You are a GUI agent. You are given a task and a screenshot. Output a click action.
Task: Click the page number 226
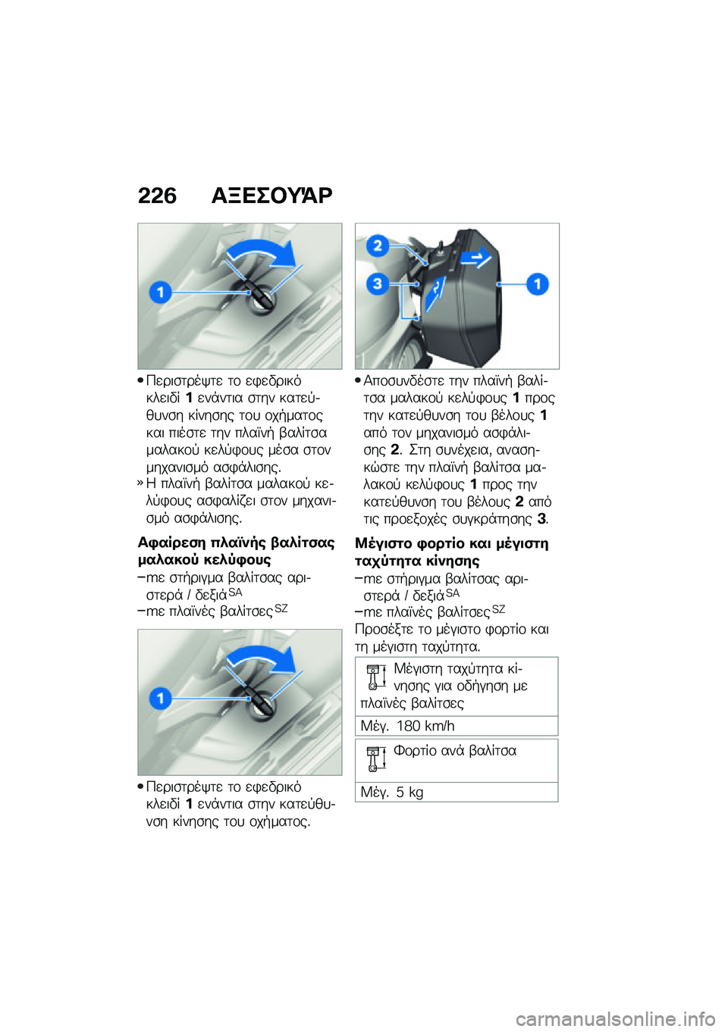coord(157,195)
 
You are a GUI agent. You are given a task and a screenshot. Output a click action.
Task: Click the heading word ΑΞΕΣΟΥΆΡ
coord(271,195)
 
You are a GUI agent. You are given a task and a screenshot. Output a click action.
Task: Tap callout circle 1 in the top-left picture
coord(160,292)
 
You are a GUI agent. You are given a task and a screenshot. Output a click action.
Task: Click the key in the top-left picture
coord(259,296)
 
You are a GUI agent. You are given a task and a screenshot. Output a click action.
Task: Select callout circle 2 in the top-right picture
coord(378,245)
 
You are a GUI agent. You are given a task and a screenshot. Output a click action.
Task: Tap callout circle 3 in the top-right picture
coord(377,284)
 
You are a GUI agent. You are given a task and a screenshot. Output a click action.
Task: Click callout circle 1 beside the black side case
coord(538,284)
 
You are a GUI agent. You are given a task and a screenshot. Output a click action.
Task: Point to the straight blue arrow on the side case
coord(477,258)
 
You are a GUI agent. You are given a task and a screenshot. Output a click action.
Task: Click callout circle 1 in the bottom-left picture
coord(160,698)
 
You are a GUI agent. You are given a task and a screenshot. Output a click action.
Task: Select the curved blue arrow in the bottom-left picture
coord(262,658)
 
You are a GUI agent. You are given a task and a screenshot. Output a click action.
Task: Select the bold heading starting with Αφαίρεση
coord(236,551)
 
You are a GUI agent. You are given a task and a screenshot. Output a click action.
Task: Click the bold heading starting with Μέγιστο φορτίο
coord(451,552)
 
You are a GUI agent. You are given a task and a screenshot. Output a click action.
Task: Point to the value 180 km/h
coord(425,726)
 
